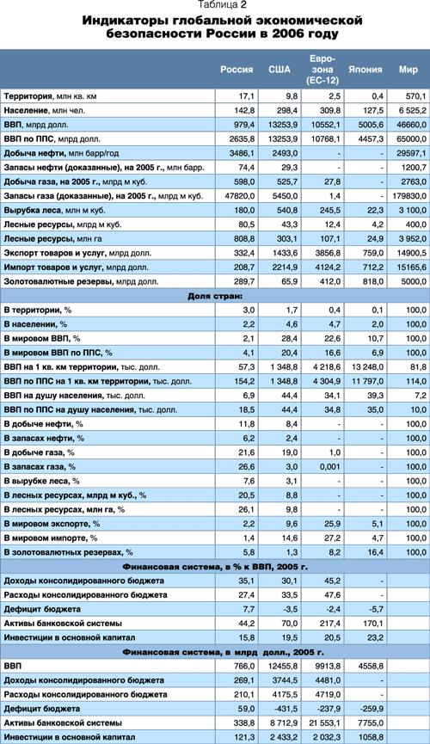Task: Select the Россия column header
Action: [236, 70]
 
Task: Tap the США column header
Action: [279, 70]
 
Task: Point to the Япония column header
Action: [365, 70]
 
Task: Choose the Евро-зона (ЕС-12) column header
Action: [322, 70]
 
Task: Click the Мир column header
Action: [408, 70]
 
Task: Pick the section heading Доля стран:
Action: [215, 296]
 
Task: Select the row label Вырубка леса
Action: [34, 210]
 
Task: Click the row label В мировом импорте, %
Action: [50, 538]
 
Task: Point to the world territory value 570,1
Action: [416, 96]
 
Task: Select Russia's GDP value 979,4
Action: [245, 125]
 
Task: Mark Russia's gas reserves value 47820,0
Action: [242, 196]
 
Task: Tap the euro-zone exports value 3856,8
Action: [328, 253]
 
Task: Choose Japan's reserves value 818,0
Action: [373, 281]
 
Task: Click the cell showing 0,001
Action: [330, 467]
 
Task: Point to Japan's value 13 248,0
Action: [368, 367]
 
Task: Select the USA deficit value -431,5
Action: [286, 709]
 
